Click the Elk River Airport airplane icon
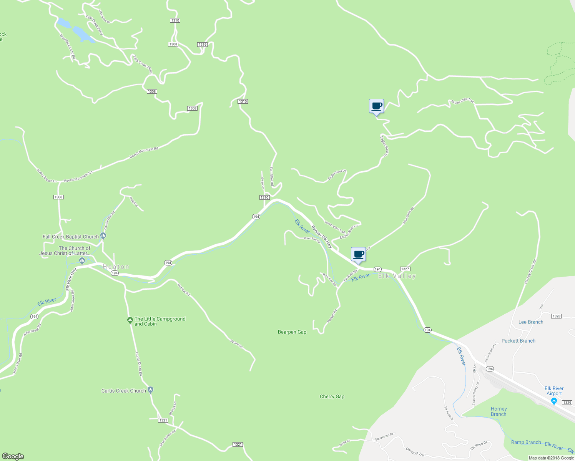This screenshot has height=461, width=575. pos(554,401)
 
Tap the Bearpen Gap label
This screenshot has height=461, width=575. pos(292,332)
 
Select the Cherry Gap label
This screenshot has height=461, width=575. pos(332,396)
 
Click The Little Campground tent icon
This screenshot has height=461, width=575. pos(130,320)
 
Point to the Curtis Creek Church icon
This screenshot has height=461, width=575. pos(151,390)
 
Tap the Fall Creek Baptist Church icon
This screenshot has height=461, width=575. pos(103,236)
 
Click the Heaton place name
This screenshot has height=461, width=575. pos(116,267)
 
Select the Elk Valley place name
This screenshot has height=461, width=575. pos(397,276)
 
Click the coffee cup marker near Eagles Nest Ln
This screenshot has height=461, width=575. pos(376,106)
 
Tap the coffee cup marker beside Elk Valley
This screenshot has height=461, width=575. pos(358,255)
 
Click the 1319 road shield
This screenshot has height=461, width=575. pos(203,45)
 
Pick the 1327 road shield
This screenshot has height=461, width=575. pos(405,269)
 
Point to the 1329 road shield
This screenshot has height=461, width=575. pos(567,402)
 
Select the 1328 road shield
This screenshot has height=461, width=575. pos(556,316)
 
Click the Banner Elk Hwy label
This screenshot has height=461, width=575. pos(322,236)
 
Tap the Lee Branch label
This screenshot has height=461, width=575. pos(531,322)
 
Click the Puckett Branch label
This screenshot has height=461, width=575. pos(518,341)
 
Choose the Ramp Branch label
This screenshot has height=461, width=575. pos(526,442)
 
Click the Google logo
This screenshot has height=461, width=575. pos(13,456)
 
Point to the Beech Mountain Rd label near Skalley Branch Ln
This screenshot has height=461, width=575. pos(78,177)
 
